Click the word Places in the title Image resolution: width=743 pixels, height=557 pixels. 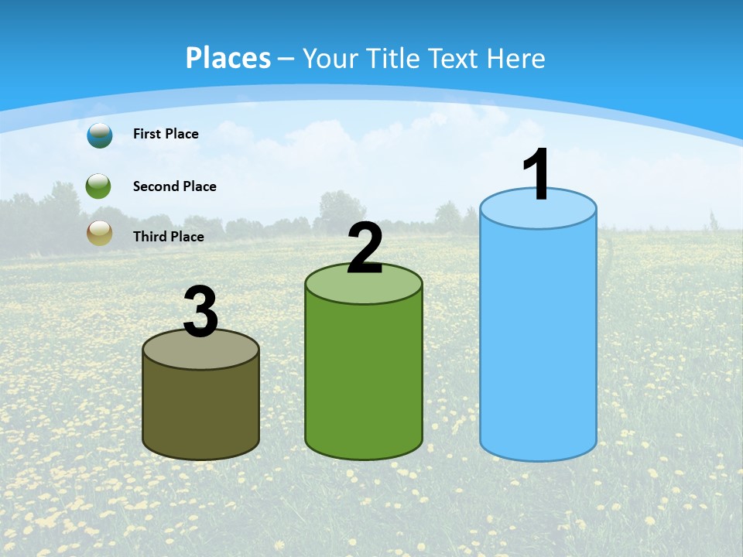coord(228,58)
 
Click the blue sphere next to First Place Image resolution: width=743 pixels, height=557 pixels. coord(99,135)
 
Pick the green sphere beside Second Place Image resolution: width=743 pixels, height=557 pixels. coord(99,186)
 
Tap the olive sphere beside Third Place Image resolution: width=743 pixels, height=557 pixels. coord(99,233)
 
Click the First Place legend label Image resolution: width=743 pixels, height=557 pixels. coord(166,134)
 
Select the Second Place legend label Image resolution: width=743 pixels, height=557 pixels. coord(174,186)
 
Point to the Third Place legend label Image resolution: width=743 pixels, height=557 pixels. coord(168,236)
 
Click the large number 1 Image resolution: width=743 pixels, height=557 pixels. coord(536,176)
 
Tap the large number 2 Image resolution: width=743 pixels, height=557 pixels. coord(365,249)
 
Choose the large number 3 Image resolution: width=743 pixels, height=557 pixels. coord(201,313)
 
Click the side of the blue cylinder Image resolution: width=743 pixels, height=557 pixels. coord(538,340)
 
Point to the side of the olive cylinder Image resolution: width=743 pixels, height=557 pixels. coord(201,410)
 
